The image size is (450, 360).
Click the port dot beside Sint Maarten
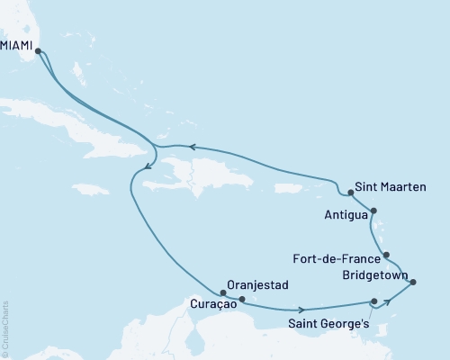tap(351, 193)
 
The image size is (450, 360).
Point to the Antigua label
tap(345, 215)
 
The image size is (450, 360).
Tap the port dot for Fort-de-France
tap(386, 256)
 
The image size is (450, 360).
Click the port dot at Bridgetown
tap(413, 283)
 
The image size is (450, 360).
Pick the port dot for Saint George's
tap(373, 302)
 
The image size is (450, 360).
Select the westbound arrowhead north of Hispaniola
tap(192, 148)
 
